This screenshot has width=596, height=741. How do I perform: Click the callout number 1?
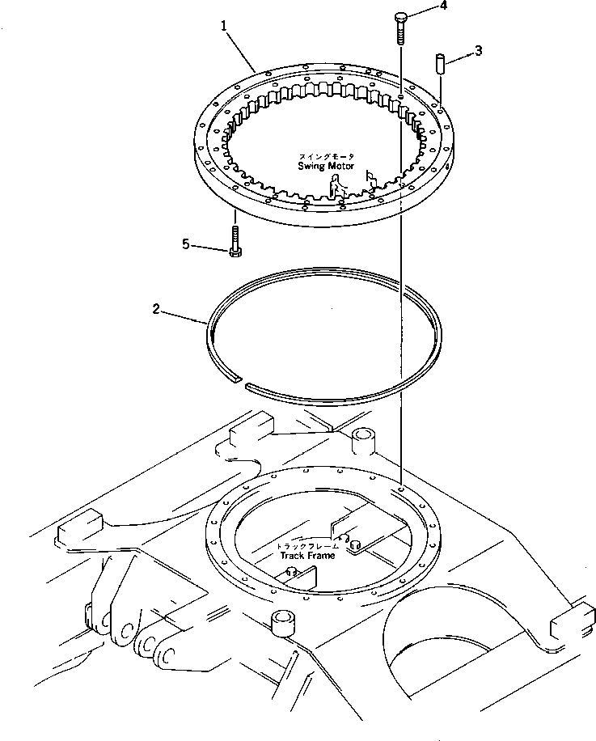(224, 27)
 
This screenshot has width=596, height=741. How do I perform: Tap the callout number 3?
(479, 51)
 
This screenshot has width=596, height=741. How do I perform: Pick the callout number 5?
(187, 243)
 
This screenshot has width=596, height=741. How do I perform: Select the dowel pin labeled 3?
(441, 64)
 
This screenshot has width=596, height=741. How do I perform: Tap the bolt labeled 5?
(234, 241)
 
